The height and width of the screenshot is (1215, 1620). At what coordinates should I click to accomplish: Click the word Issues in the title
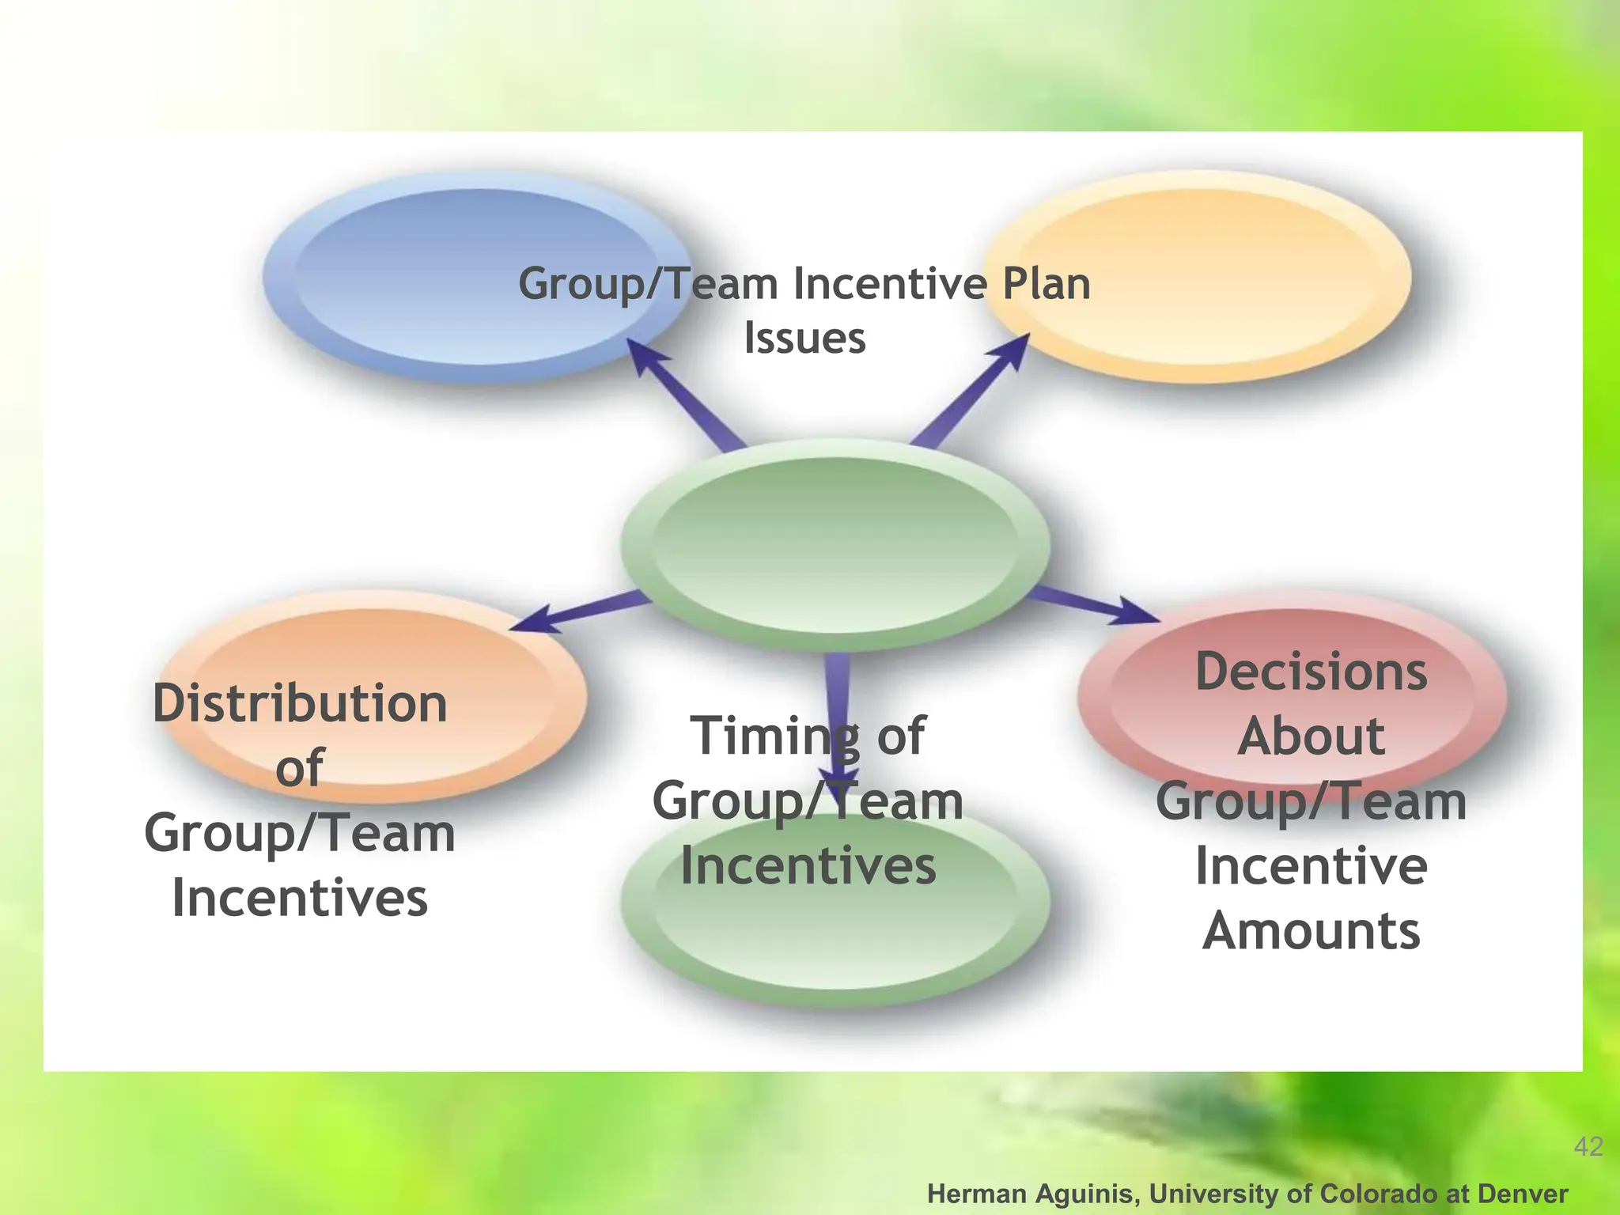[x=804, y=338]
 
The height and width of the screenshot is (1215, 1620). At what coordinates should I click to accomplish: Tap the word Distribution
[x=300, y=703]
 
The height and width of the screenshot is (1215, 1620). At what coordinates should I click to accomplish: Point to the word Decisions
[x=1311, y=672]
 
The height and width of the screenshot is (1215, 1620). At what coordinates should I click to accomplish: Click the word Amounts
[x=1311, y=930]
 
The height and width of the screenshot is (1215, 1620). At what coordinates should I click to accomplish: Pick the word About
[x=1311, y=736]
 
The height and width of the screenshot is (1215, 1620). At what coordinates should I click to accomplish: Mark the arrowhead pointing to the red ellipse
[x=1135, y=612]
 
